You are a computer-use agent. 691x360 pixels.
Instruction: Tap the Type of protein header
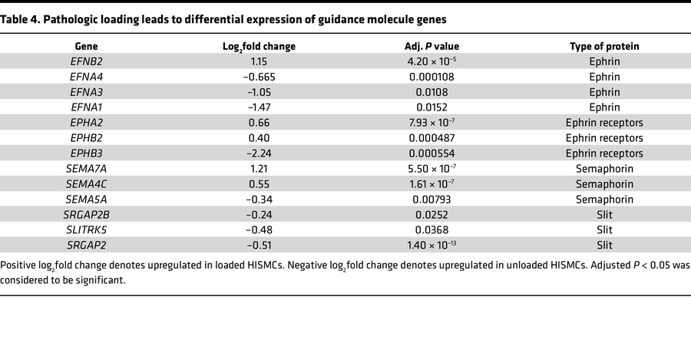[604, 46]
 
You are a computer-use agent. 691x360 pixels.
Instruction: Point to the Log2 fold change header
[258, 47]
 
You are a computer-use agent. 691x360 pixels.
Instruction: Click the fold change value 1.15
[258, 61]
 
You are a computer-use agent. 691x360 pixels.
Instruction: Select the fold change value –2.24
[258, 153]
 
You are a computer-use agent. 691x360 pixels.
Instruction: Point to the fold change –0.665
[258, 77]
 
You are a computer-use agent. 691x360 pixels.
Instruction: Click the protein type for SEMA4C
[604, 183]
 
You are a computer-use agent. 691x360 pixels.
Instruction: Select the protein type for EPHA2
[604, 123]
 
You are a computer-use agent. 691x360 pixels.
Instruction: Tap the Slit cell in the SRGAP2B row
[604, 214]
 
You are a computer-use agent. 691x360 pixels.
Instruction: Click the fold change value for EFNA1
[258, 107]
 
